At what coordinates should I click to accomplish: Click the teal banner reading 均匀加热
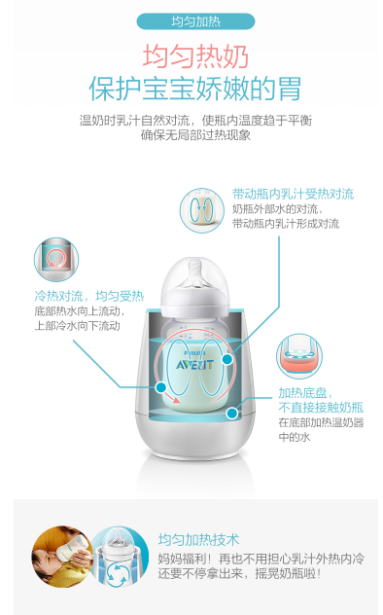coord(195,21)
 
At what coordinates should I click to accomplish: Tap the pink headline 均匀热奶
coord(195,56)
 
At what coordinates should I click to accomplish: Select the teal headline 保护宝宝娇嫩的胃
coord(195,89)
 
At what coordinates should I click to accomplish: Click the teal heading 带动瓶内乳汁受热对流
coord(293,194)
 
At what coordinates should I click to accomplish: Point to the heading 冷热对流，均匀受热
coord(89,296)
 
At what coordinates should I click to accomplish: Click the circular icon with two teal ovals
coord(201,210)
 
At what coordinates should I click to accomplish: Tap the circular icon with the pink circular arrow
coord(56,259)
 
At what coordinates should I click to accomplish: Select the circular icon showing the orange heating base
coord(299,356)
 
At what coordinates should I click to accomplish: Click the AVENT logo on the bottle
coord(194,365)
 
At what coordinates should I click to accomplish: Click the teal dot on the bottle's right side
coord(227,358)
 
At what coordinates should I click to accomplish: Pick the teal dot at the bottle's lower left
coord(161,387)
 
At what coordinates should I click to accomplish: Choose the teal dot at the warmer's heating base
coord(232,413)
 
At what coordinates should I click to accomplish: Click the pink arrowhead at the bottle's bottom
coord(176,400)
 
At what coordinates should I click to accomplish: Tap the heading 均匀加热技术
coord(198,540)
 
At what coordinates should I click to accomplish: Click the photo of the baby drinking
coord(62,557)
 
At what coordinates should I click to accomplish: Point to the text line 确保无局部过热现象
coord(195,135)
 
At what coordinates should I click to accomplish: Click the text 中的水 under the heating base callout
coord(295,437)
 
